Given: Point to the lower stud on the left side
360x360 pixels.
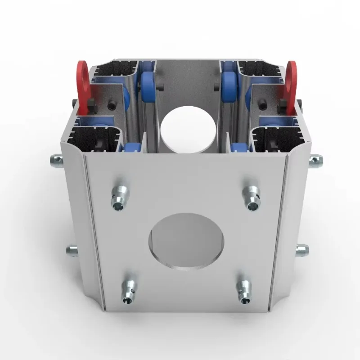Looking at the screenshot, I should (72, 250).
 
